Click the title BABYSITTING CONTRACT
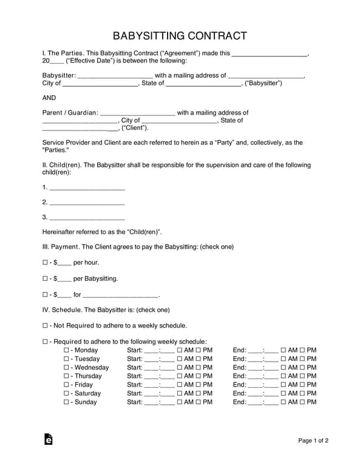click(x=180, y=35)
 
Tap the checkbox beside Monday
click(x=67, y=350)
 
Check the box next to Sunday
click(x=67, y=402)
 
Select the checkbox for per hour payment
click(x=46, y=263)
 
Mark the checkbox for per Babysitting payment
click(x=46, y=279)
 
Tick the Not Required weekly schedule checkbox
click(x=46, y=326)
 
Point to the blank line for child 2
click(x=87, y=203)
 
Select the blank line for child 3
click(x=87, y=218)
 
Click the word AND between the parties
click(x=49, y=98)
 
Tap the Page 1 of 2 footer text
click(x=313, y=441)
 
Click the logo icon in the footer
click(x=49, y=440)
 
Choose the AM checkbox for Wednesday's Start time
click(x=180, y=368)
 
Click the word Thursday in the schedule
click(x=88, y=376)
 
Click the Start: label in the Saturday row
click(x=135, y=393)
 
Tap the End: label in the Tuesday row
click(x=240, y=359)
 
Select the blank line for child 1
click(x=87, y=187)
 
